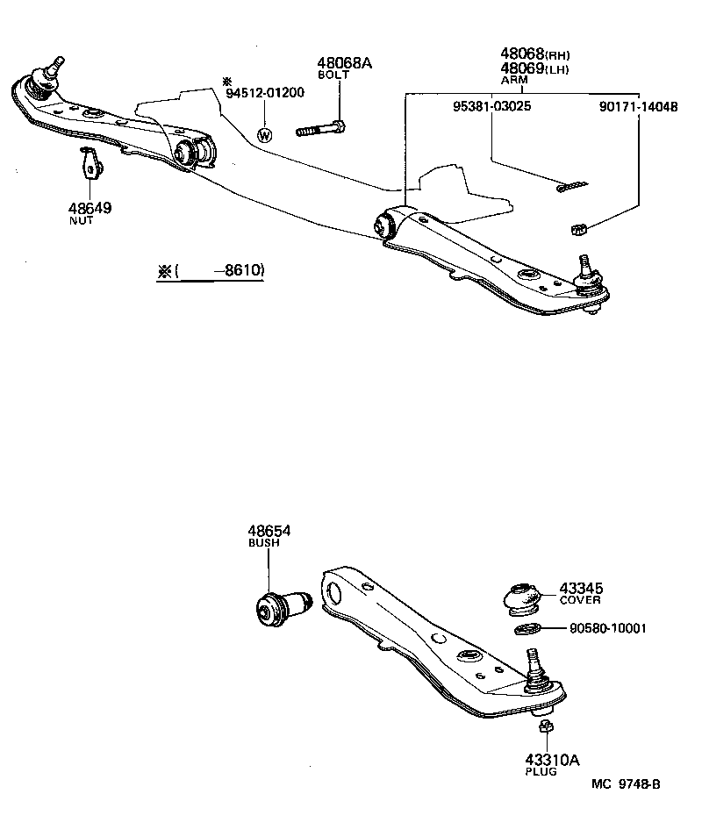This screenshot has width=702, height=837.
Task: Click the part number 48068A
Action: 344,63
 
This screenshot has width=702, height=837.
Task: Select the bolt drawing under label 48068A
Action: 322,129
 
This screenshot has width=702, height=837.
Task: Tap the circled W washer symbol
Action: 264,135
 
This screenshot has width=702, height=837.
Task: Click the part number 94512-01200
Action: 264,93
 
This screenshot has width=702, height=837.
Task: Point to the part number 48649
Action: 90,209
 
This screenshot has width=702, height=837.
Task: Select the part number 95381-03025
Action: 491,106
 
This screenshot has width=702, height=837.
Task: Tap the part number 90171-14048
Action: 638,106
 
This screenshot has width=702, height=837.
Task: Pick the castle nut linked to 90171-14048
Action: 577,230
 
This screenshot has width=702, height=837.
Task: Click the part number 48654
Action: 269,532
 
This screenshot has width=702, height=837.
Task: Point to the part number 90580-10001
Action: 607,628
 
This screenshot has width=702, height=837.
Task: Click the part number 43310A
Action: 553,760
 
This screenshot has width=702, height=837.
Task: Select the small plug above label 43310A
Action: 544,726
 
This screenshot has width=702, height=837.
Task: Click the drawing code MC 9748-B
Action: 624,783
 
